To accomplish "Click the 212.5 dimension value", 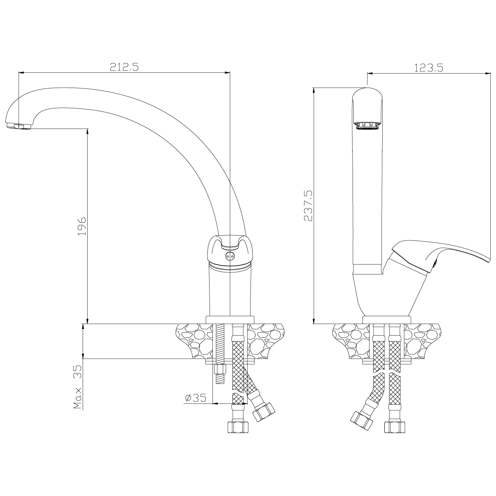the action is [124, 67].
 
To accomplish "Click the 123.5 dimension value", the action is [429, 68].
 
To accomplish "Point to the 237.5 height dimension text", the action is [308, 206].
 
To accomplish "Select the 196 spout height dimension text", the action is [81, 226].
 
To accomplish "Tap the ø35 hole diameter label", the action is [196, 398].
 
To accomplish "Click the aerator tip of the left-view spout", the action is [18, 126].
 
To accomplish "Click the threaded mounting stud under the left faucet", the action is [220, 358].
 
